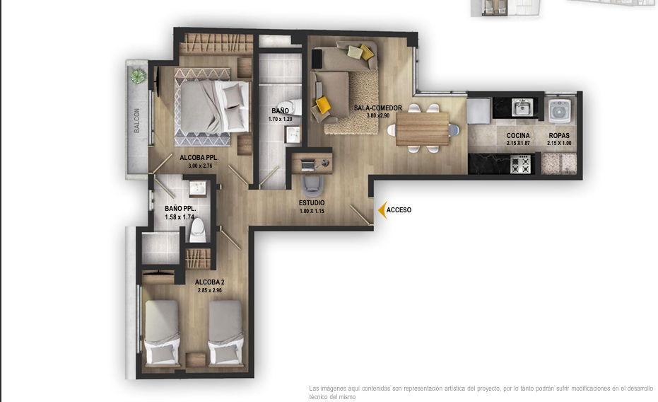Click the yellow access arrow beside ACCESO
click(382, 210)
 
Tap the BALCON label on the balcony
click(137, 120)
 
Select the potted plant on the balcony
click(138, 76)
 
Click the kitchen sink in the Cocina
click(522, 108)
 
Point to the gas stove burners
click(520, 164)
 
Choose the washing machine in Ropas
click(560, 111)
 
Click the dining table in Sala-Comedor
click(423, 129)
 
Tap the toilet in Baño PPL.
click(198, 230)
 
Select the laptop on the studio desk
click(307, 164)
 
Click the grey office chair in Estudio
click(312, 186)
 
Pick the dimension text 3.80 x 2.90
click(377, 115)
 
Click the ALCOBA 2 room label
click(209, 282)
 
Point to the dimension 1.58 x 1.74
click(180, 217)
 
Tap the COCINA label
click(518, 136)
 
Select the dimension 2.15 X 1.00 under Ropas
click(559, 143)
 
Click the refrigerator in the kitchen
click(478, 111)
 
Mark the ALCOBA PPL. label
click(199, 158)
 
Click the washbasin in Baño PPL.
click(196, 188)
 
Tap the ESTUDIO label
click(312, 203)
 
